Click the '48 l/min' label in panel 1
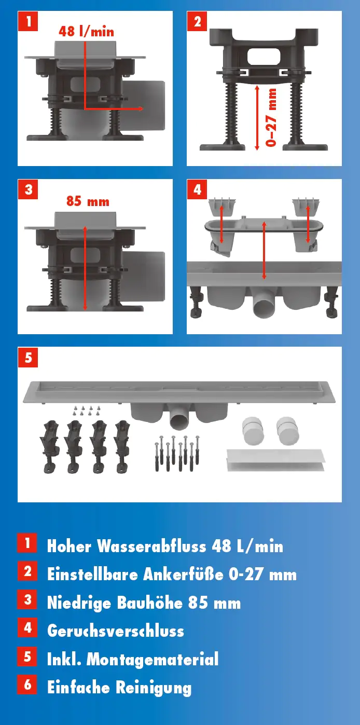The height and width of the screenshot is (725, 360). click(86, 32)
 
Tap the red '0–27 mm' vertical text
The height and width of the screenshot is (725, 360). click(271, 117)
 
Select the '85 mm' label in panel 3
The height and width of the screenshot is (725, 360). click(88, 201)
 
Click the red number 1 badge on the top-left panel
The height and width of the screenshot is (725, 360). click(28, 21)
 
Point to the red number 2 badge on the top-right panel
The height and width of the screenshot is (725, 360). click(197, 21)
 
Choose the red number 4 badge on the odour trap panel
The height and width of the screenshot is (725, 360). click(197, 189)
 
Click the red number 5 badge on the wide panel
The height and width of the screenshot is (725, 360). click(28, 358)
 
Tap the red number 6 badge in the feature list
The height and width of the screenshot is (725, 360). click(27, 685)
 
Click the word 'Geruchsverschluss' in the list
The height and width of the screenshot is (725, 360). click(116, 631)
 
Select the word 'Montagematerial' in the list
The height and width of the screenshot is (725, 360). click(153, 659)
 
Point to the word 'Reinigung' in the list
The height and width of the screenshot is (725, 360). click(154, 688)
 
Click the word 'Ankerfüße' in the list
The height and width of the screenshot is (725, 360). click(183, 574)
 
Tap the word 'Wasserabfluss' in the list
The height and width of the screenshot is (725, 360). click(151, 546)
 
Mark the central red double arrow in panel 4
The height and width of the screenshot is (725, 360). click(264, 250)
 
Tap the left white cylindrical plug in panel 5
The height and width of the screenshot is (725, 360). click(252, 430)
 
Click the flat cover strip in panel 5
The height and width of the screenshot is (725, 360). click(275, 460)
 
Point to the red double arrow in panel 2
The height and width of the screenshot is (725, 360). click(257, 117)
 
